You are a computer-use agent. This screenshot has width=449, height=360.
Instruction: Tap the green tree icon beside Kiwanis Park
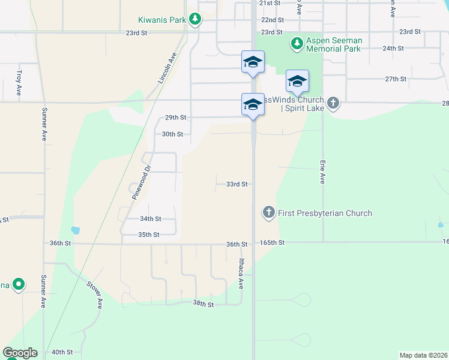pyautogui.click(x=194, y=20)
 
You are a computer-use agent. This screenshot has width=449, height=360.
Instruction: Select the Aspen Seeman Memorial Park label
pyautogui.click(x=334, y=44)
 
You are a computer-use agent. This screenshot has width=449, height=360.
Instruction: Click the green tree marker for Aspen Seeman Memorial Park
pyautogui.click(x=296, y=43)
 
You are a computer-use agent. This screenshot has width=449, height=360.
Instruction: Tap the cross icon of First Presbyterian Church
pyautogui.click(x=268, y=212)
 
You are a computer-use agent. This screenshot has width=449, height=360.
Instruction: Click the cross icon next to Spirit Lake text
pyautogui.click(x=334, y=103)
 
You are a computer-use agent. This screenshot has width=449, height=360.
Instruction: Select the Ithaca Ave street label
pyautogui.click(x=241, y=274)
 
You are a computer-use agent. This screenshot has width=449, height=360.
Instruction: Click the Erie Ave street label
pyautogui.click(x=322, y=171)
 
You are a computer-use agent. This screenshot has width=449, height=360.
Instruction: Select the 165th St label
pyautogui.click(x=273, y=243)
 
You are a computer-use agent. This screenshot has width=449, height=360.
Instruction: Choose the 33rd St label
pyautogui.click(x=237, y=184)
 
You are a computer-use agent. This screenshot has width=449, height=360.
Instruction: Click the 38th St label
pyautogui.click(x=203, y=305)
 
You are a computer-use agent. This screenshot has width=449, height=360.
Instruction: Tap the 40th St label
pyautogui.click(x=62, y=352)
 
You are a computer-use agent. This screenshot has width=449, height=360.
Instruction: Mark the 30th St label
pyautogui.click(x=172, y=134)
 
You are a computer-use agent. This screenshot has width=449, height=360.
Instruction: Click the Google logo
pyautogui.click(x=20, y=353)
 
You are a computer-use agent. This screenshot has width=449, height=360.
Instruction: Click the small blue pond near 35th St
pyautogui.click(x=75, y=230)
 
